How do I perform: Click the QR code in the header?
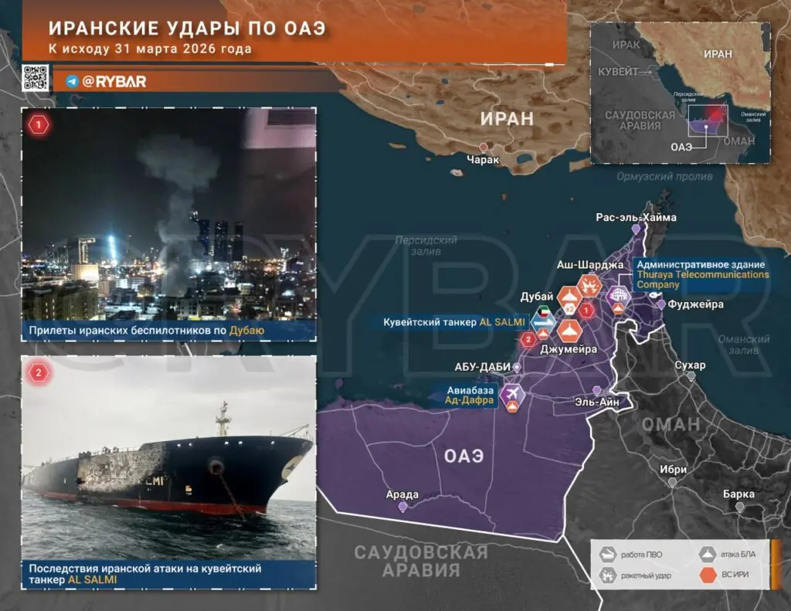[x=36, y=78]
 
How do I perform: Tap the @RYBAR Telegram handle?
[x=114, y=81]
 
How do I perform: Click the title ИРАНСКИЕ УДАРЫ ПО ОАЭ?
[x=187, y=29]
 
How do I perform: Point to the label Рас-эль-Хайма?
[x=636, y=217]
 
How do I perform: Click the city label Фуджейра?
[x=697, y=304]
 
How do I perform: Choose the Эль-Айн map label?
[x=596, y=402]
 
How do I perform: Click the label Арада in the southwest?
[x=402, y=494]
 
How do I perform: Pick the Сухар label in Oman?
[x=690, y=365]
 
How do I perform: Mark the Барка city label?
[x=738, y=494]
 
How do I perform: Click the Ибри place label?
[x=672, y=469]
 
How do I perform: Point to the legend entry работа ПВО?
[x=641, y=554]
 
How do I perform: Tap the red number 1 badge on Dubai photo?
[x=37, y=124]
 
